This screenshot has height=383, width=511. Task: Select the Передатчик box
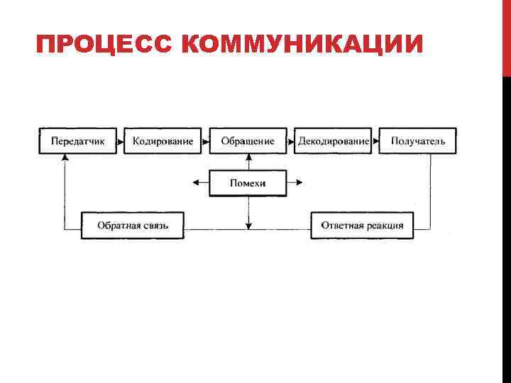pos(78,141)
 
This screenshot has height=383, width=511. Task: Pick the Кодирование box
pos(163,141)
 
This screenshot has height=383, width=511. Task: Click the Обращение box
pos(248,141)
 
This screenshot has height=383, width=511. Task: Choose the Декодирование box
pos(334,141)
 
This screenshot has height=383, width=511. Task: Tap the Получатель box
pos(418,141)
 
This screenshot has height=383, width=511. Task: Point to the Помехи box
pos(248,183)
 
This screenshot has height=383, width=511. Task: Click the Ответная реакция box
pos(362,226)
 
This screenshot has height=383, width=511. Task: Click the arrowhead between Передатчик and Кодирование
pos(121,141)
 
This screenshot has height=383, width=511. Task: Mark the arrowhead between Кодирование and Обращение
pos(206,141)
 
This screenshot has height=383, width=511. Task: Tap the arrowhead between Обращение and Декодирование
pos(291,141)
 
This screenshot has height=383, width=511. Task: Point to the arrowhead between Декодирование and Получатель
pos(376,141)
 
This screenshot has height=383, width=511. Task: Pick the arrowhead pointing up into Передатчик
pos(65,158)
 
